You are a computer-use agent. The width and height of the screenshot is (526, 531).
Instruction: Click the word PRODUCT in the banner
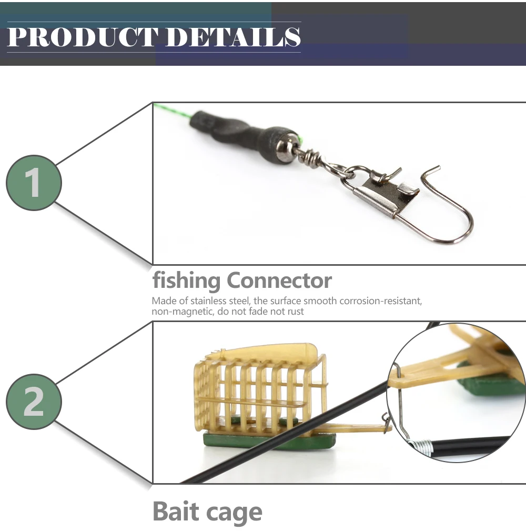click(x=82, y=37)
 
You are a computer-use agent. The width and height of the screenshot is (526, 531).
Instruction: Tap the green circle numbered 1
click(x=34, y=183)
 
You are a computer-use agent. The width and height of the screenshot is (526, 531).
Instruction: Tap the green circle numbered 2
click(x=34, y=402)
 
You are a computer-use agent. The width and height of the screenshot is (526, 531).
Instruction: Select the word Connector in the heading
click(x=279, y=280)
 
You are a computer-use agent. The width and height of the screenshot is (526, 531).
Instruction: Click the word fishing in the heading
click(x=186, y=282)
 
